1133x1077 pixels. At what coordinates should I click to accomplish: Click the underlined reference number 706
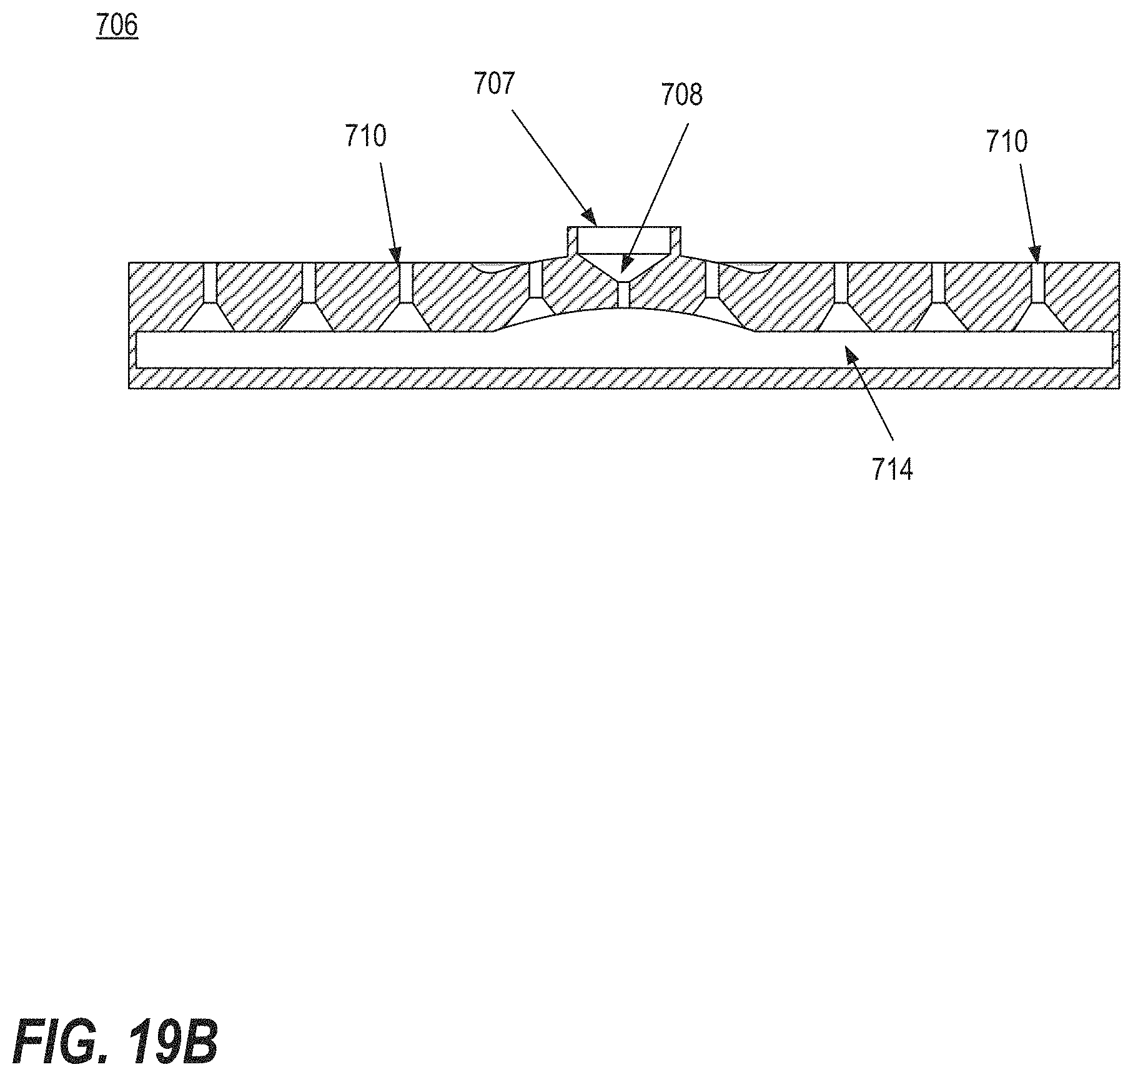(x=117, y=27)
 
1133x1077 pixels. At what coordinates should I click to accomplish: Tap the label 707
(x=494, y=84)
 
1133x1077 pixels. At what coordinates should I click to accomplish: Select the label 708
(x=682, y=96)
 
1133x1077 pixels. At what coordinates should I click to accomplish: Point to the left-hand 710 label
(x=366, y=136)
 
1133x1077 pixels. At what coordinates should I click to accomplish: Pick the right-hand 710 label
(x=1007, y=142)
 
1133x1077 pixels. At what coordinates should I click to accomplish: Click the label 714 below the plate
(x=893, y=469)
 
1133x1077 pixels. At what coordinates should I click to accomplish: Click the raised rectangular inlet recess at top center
(x=623, y=240)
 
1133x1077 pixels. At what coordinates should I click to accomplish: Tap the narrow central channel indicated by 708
(x=623, y=294)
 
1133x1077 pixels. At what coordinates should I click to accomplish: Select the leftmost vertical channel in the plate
(x=210, y=283)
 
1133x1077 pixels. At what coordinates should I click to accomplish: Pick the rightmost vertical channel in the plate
(x=1037, y=283)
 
